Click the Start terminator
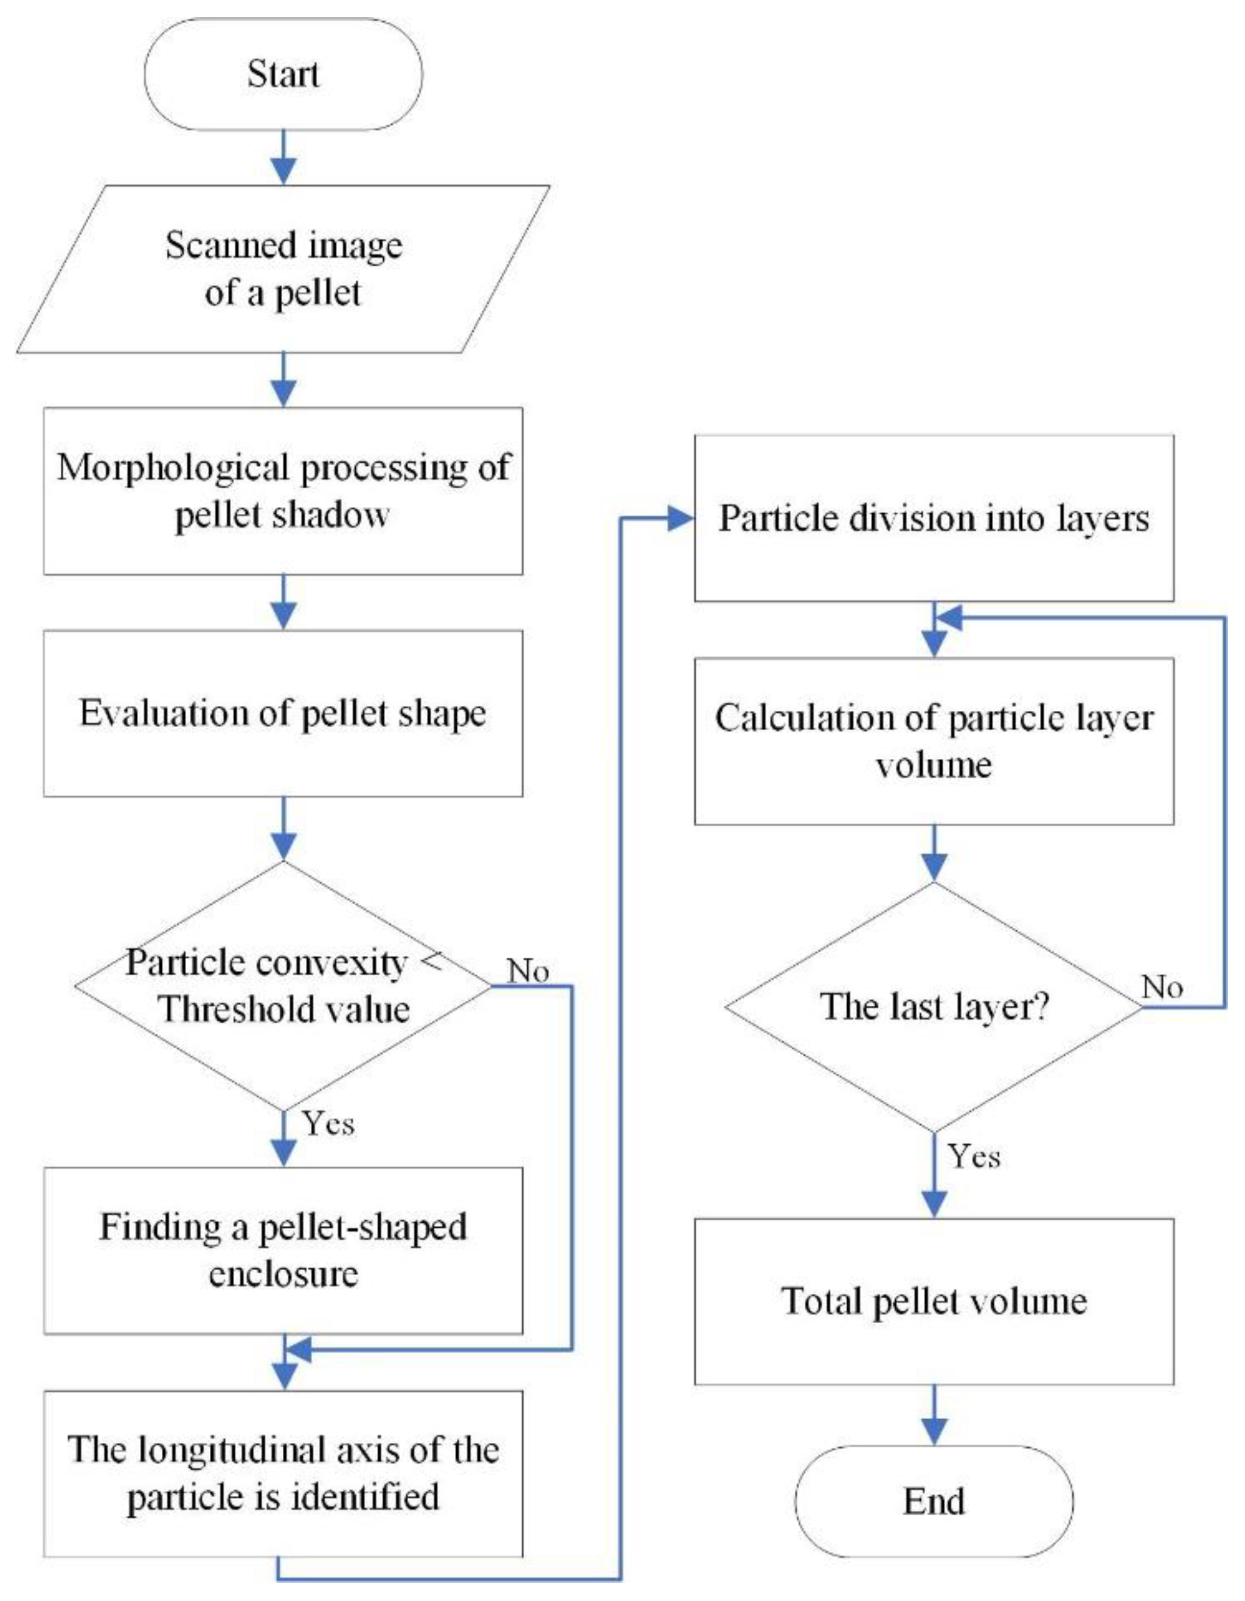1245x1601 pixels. (283, 74)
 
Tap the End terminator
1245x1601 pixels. (934, 1501)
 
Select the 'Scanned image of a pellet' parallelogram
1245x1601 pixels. (283, 269)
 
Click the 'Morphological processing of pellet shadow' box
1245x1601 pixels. (283, 491)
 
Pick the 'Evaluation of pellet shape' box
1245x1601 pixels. (283, 713)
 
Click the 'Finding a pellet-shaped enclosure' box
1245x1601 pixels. (283, 1251)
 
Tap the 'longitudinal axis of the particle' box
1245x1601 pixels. (283, 1473)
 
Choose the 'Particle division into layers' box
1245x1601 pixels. (934, 518)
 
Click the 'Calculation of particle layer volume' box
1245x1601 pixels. (934, 741)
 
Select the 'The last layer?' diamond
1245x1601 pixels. (934, 1006)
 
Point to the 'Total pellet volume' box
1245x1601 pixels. (934, 1302)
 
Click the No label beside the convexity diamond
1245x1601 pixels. (528, 970)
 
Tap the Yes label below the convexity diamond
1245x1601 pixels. (329, 1144)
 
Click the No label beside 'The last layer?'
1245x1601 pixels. (1162, 987)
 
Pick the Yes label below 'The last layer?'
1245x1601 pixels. (974, 1157)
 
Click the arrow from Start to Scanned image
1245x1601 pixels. (283, 157)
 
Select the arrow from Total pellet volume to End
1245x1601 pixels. (934, 1415)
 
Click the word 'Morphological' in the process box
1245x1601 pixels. (174, 468)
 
